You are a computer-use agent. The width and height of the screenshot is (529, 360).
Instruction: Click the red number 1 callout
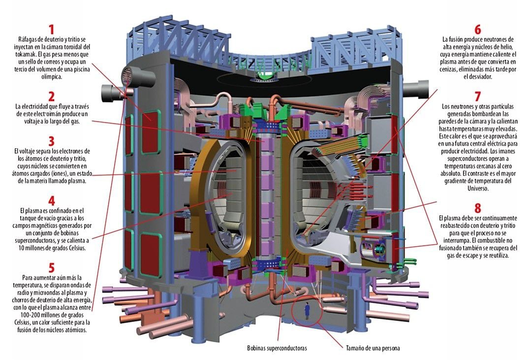tap(51, 30)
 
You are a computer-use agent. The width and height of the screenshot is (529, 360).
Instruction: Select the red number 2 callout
tap(51, 96)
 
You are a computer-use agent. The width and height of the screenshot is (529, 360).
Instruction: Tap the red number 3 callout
tap(51, 141)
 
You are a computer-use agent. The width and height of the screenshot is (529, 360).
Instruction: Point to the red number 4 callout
tap(51, 200)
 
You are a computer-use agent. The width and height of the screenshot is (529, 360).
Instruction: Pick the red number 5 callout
tap(51, 267)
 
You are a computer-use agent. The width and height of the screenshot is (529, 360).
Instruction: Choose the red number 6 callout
tap(478, 30)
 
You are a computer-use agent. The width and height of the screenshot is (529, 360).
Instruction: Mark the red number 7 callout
tap(478, 96)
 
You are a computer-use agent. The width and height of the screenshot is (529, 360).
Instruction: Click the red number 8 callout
tap(478, 208)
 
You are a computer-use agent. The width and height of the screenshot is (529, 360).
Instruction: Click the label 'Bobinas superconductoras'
tap(277, 348)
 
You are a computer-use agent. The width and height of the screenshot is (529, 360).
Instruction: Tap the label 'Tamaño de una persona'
tap(373, 348)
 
